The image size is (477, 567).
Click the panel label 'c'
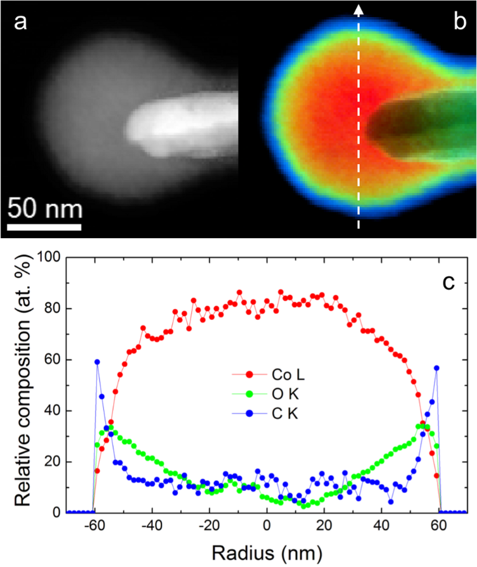click(448, 281)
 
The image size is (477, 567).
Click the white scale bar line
click(44, 226)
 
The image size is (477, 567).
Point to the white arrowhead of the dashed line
click(359, 10)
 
